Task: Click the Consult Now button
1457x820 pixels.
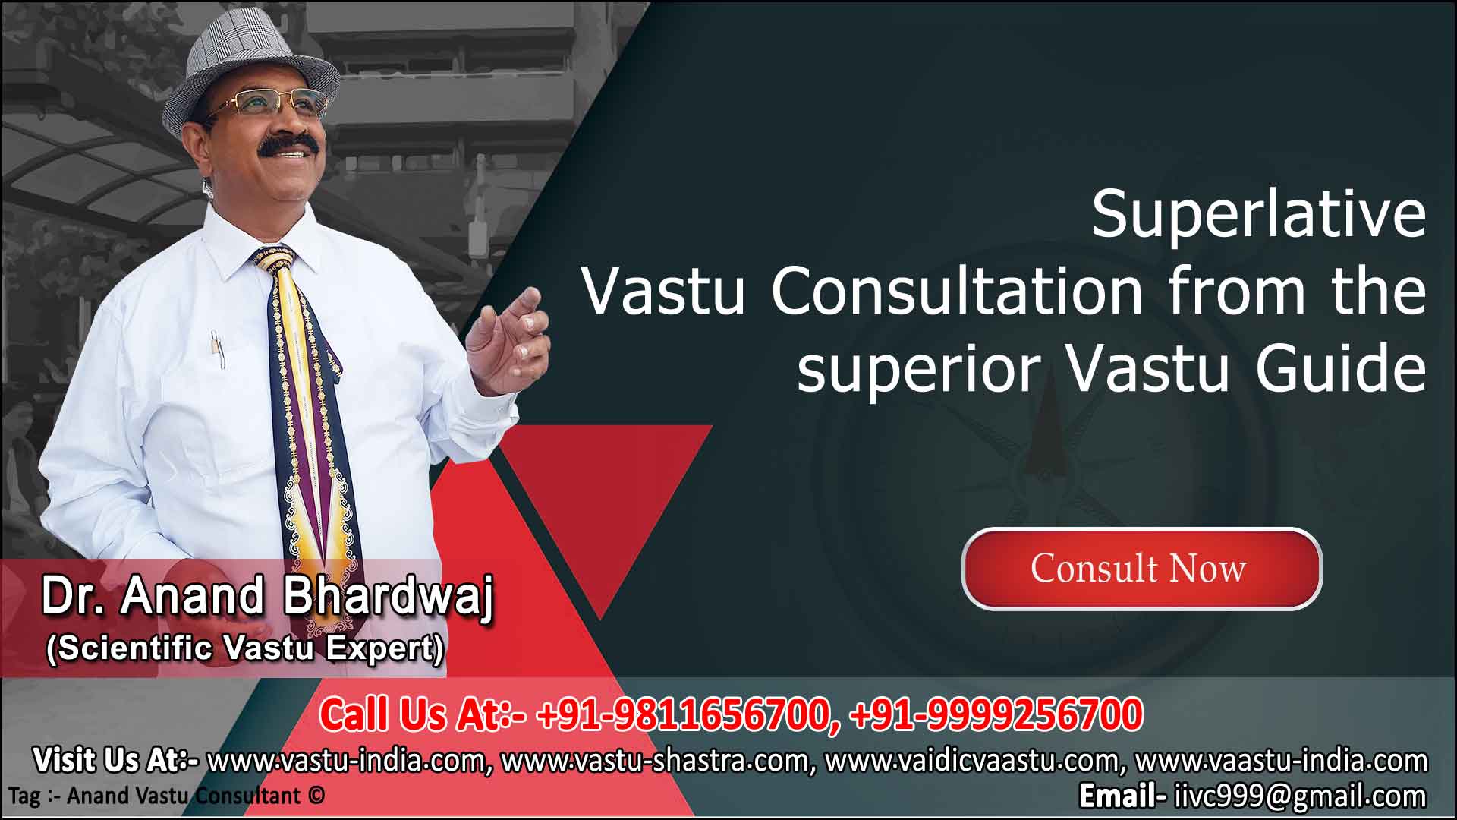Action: (1141, 569)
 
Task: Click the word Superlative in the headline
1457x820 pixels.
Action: (1259, 215)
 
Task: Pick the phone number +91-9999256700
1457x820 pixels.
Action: (996, 715)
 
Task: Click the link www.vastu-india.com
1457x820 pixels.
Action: (345, 760)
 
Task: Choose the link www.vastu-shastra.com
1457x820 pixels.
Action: (657, 760)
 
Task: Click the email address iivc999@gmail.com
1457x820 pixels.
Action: (1300, 796)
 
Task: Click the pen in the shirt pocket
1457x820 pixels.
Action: (217, 349)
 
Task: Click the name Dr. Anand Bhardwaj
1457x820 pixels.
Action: (267, 596)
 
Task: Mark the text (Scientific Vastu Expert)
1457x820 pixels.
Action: (245, 649)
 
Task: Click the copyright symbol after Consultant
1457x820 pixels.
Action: (316, 796)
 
